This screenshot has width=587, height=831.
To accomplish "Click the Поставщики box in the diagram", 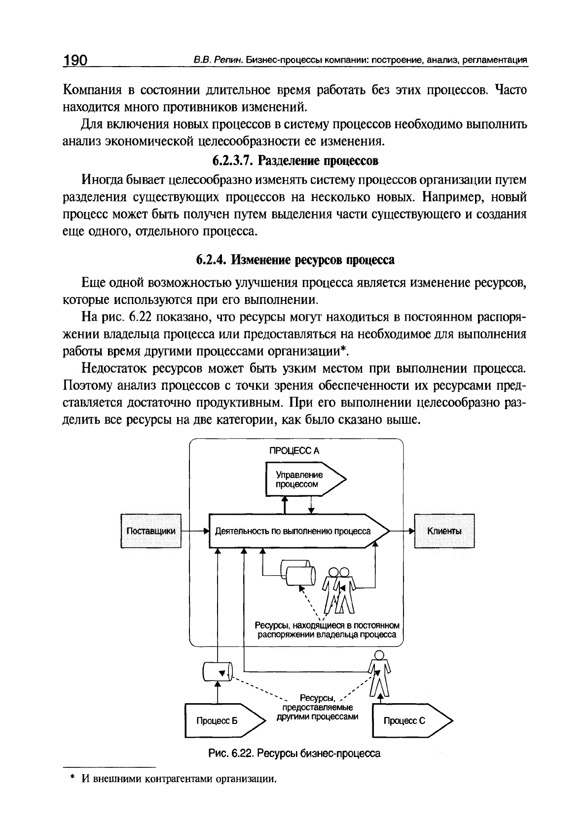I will [151, 531].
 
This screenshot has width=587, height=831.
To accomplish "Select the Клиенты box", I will [444, 531].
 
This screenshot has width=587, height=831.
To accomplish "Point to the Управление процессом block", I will [301, 479].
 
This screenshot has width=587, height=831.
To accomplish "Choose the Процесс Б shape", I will [220, 721].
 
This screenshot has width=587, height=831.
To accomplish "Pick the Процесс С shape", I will [406, 721].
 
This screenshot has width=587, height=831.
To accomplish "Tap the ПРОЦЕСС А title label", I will [294, 451].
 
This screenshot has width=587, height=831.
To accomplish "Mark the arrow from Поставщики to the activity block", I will [195, 531].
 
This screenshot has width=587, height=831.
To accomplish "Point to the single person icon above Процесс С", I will [378, 674].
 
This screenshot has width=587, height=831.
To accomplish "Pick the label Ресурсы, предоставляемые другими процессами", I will [317, 707].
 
